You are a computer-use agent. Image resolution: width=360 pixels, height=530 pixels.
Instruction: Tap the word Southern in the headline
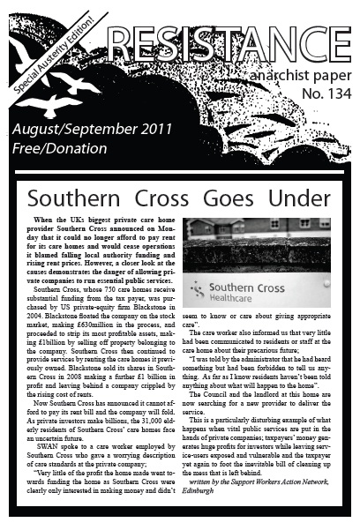pos(81,198)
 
